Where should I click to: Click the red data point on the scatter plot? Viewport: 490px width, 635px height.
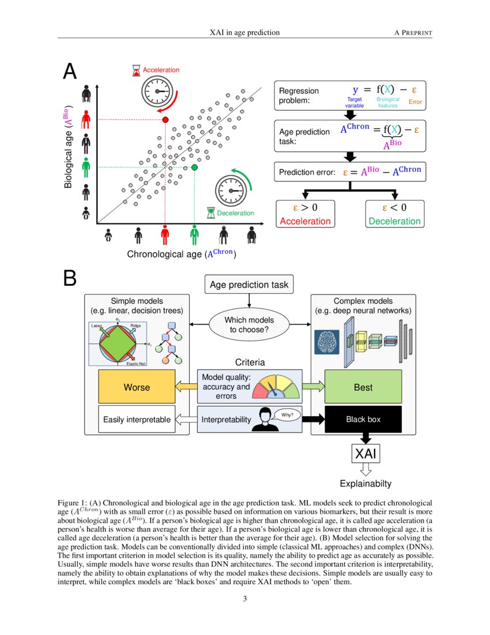[165, 119]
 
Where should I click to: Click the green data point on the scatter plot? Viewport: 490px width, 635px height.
[194, 167]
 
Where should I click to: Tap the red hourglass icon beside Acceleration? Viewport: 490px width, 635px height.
[135, 70]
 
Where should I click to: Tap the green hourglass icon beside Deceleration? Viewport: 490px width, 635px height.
[212, 213]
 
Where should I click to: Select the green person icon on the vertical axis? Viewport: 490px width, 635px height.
[86, 167]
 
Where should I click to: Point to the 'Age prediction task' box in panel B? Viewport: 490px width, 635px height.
[249, 285]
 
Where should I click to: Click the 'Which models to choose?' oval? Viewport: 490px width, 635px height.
[249, 325]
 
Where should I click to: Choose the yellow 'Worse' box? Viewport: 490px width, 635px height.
[137, 387]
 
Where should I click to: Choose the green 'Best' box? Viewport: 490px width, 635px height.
[363, 387]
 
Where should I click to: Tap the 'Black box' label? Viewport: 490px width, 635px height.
[363, 420]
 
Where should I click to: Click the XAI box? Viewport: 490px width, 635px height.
[365, 454]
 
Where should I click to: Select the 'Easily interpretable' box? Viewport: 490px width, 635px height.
[137, 420]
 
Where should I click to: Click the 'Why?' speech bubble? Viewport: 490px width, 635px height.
[287, 414]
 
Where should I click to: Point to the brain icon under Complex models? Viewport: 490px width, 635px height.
[326, 342]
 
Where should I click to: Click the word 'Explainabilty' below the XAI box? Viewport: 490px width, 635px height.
[365, 484]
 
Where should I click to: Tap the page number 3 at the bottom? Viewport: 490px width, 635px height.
[245, 599]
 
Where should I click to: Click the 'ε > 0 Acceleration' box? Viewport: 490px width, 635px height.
[306, 214]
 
